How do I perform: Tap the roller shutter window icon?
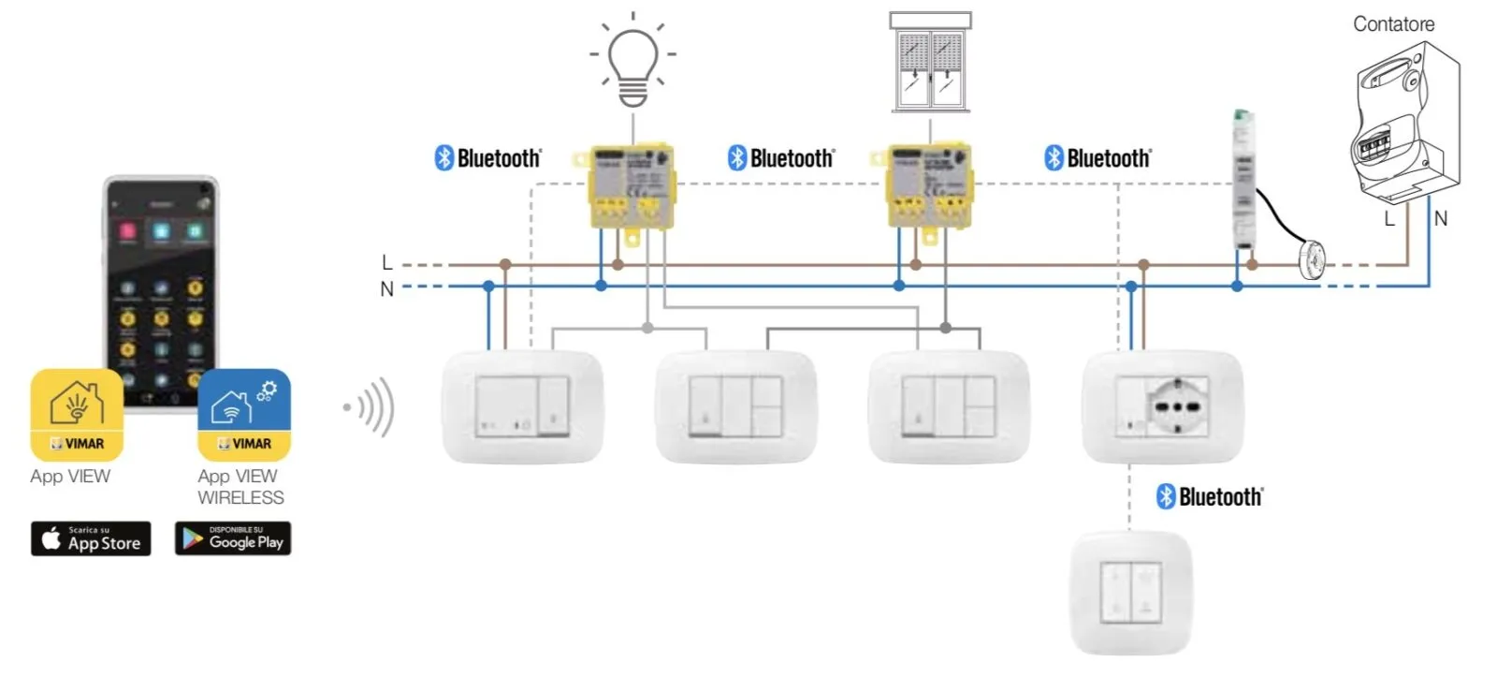(930, 63)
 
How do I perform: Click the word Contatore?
(1393, 24)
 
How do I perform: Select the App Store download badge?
(91, 538)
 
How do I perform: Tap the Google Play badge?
(233, 538)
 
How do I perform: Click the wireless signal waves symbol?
(371, 407)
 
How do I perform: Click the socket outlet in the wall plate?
(1178, 406)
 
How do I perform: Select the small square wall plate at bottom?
(1130, 593)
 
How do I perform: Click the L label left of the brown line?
(386, 263)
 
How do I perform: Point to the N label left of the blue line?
(386, 289)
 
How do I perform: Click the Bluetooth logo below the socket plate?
(1209, 496)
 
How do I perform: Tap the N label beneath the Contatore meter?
(1440, 218)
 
